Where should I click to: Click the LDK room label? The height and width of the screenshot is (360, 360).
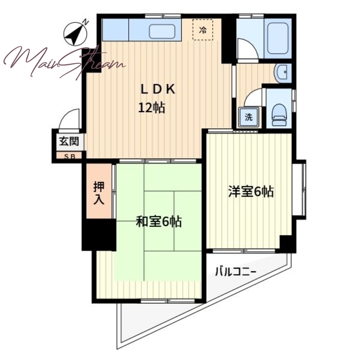[158, 89]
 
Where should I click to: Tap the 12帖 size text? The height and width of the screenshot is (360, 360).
[152, 108]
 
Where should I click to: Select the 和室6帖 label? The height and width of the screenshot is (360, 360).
[159, 221]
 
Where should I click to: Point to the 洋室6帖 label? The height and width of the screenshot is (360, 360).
[251, 192]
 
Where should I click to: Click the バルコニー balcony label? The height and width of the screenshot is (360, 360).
[235, 272]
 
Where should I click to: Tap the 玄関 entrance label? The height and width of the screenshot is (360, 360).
[69, 141]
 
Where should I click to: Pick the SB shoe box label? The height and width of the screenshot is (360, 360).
[70, 157]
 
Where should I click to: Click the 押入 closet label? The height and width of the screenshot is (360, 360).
[99, 193]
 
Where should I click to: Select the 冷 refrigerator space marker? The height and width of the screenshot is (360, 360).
[203, 30]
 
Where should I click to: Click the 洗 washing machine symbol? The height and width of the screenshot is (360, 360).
[249, 117]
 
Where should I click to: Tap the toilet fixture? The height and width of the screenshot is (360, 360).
[279, 115]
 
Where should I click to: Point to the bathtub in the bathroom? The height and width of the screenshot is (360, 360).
[278, 38]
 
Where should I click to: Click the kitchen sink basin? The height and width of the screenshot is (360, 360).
[162, 31]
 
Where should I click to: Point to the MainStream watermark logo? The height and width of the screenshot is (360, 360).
[65, 62]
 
